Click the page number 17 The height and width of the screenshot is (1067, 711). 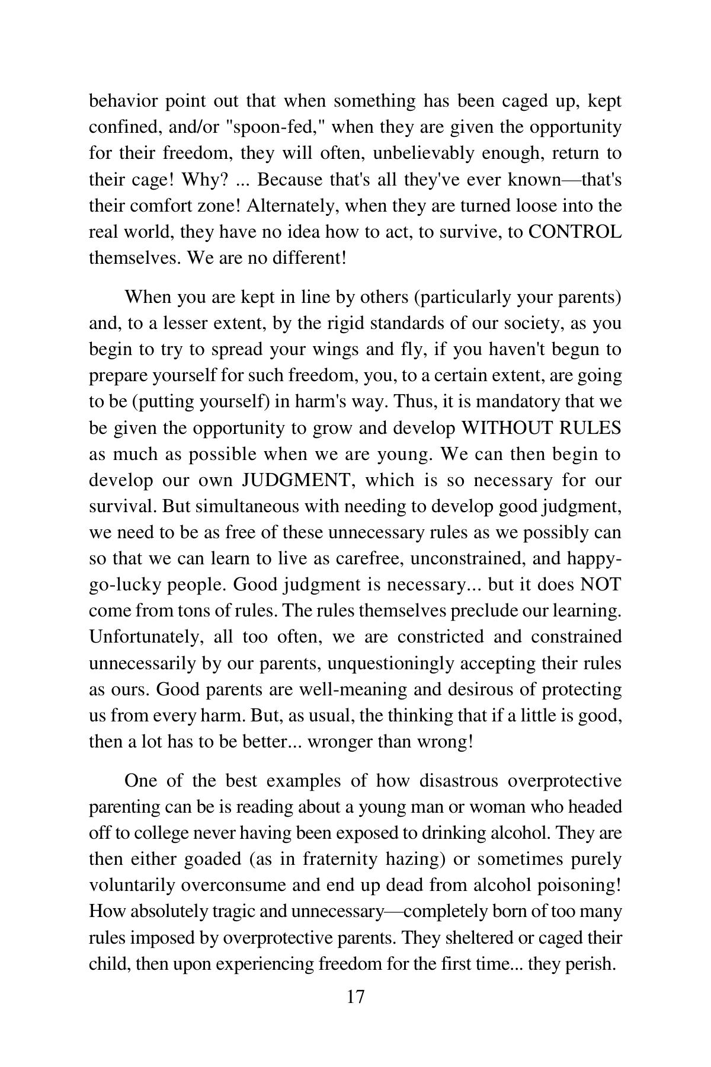point(355,996)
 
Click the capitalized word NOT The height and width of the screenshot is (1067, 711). point(600,584)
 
